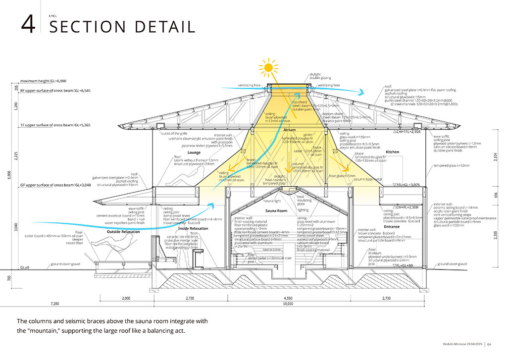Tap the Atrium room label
(x=290, y=130)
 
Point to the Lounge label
(x=194, y=153)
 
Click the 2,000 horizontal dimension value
(x=125, y=298)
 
